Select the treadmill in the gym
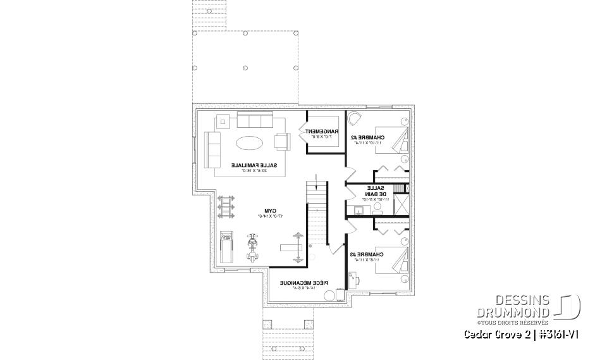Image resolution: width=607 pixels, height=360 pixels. [x=226, y=247]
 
